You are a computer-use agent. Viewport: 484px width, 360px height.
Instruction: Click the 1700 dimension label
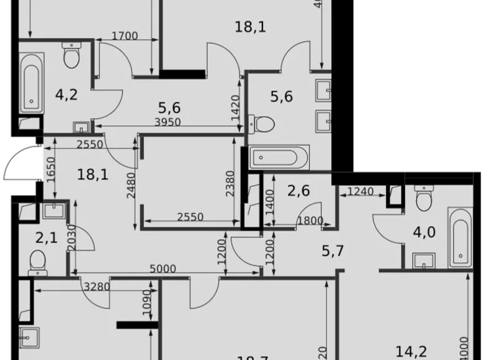[125, 36]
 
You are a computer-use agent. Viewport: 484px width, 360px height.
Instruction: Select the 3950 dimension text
[168, 122]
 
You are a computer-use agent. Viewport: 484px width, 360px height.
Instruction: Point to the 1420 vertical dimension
[235, 106]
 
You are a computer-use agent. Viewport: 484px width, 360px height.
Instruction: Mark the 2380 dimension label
[230, 184]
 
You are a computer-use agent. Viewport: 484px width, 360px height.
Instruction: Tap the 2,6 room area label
[298, 190]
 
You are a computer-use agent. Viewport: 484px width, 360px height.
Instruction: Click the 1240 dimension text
[361, 191]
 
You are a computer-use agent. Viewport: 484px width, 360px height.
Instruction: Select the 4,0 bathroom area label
[424, 232]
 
